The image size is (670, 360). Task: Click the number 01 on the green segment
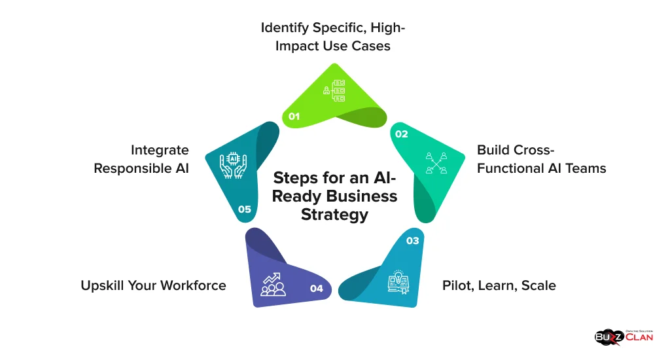coord(294,116)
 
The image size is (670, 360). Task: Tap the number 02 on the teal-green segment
coord(401,134)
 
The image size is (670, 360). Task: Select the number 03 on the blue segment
coord(412,241)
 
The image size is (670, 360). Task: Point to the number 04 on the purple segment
coord(317,288)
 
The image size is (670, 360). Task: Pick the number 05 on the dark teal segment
coord(245,209)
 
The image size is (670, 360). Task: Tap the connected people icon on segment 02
coord(436,163)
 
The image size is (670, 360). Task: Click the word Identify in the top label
coord(287,28)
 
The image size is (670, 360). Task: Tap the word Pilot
coord(455,285)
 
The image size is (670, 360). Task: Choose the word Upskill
coord(102,286)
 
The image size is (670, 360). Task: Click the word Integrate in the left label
coord(160,151)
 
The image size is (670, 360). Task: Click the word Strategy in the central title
coord(334,214)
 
